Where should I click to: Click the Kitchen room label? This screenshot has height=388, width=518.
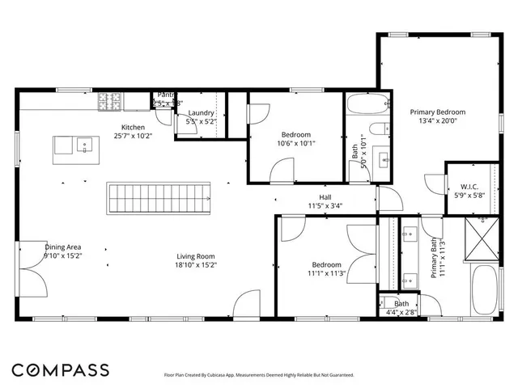point(134,127)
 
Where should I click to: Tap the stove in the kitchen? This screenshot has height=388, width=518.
point(109,101)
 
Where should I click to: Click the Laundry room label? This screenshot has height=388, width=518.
point(201,113)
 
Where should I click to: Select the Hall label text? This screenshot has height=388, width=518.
point(325,196)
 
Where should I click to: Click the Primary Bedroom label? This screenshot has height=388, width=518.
point(438,112)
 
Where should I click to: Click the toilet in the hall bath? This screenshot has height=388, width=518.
point(376,130)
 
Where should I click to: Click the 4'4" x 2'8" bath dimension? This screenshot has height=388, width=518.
point(401,311)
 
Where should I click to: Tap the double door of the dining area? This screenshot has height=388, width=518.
point(31,267)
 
